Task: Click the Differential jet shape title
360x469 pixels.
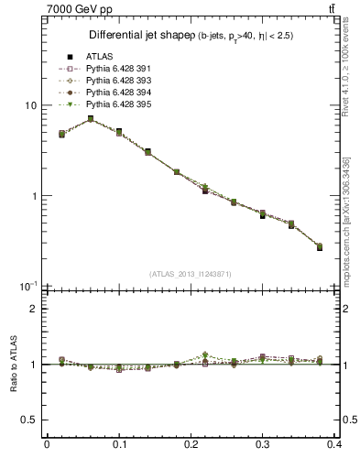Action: [x=137, y=36]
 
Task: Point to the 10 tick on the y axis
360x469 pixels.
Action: [x=30, y=105]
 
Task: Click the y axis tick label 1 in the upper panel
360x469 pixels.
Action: [x=34, y=196]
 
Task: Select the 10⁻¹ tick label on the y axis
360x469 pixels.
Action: [x=29, y=286]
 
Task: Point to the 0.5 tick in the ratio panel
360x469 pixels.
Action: [x=29, y=420]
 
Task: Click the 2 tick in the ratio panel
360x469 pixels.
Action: [x=34, y=309]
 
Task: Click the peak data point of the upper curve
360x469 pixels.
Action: [x=90, y=119]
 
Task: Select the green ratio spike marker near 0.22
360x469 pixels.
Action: [x=205, y=354]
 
